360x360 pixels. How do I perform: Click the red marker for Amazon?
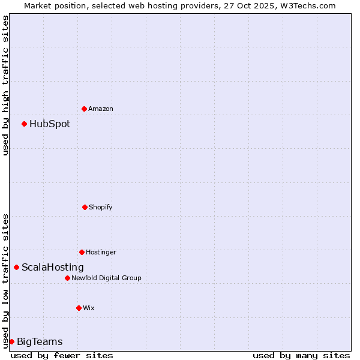point(84,109)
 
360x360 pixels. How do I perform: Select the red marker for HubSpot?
point(24,124)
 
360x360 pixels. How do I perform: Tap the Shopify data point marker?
point(85,207)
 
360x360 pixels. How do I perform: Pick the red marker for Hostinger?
point(82,252)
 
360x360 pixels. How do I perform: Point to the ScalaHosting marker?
point(16,267)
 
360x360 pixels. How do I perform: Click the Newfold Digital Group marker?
point(67,278)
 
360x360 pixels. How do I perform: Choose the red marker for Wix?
point(79,308)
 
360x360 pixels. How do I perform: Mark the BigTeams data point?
point(11,341)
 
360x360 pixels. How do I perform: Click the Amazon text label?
point(101,109)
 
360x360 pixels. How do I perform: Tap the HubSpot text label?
point(50,124)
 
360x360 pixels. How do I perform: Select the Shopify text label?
point(101,207)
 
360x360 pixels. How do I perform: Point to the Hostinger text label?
point(101,252)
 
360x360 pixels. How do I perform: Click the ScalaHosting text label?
point(53,268)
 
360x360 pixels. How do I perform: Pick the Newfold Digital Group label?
point(106,278)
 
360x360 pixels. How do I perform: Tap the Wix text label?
point(89,308)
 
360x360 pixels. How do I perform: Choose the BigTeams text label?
point(40,342)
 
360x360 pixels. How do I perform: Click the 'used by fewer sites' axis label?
point(62,355)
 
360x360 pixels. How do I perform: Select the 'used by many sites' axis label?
point(301,355)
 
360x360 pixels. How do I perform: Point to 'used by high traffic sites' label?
point(5,85)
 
